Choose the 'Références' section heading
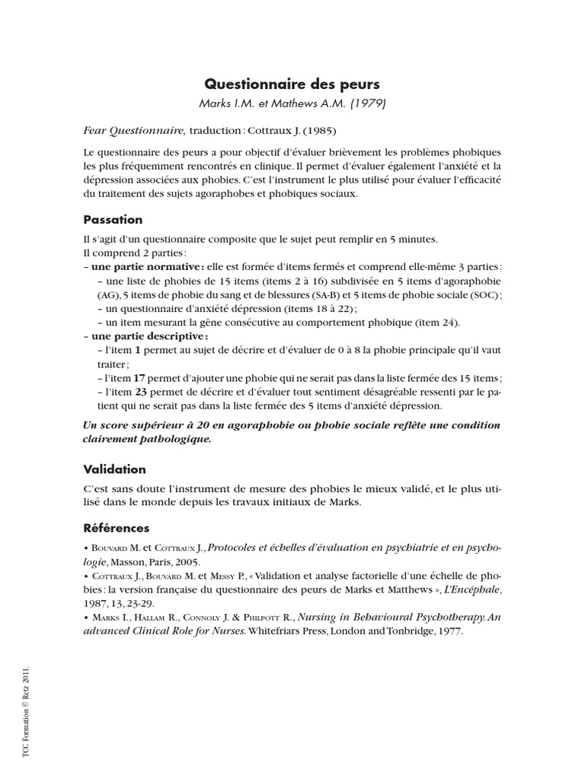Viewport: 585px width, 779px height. tap(117, 528)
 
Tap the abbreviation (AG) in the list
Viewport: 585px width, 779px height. tap(108, 294)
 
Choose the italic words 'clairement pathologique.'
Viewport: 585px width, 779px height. tap(147, 439)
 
